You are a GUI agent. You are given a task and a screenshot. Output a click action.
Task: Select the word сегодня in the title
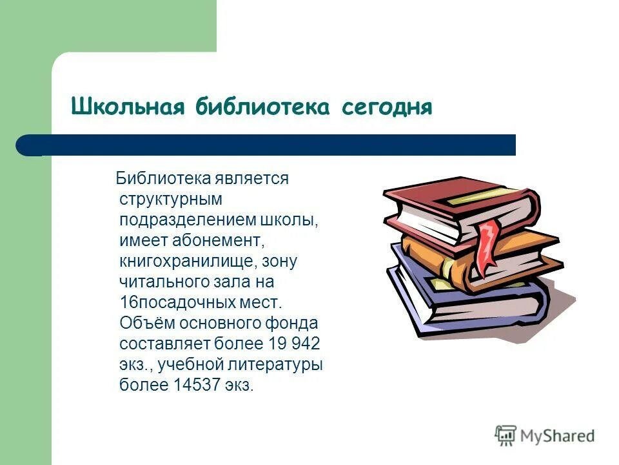click(x=382, y=107)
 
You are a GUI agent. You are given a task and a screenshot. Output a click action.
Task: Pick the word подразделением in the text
click(x=188, y=220)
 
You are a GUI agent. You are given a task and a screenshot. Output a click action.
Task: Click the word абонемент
click(x=219, y=240)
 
